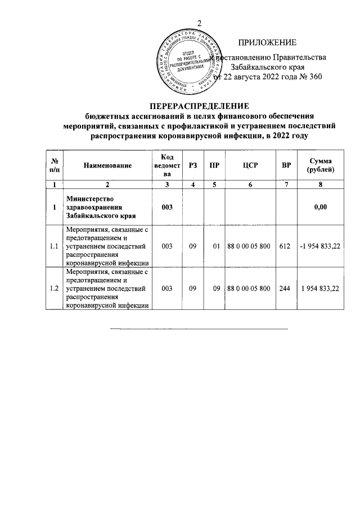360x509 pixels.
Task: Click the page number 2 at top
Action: (199, 22)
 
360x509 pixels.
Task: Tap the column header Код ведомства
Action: (166, 165)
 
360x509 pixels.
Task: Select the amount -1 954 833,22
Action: (319, 246)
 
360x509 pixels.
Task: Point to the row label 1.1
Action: (54, 246)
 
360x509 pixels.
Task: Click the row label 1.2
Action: (54, 289)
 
